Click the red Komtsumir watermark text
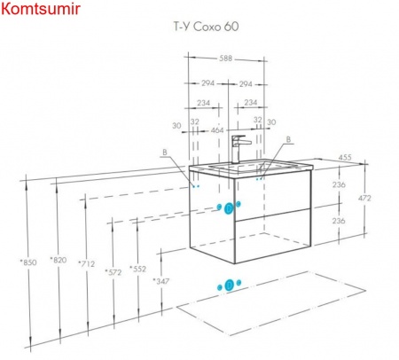click(x=41, y=9)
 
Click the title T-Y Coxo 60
click(x=206, y=27)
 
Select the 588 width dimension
click(x=225, y=59)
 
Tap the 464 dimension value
click(x=216, y=130)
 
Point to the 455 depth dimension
click(x=345, y=157)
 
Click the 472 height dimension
click(x=364, y=198)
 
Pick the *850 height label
click(x=28, y=262)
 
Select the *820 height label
click(x=59, y=260)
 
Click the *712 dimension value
click(x=86, y=263)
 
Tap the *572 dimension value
click(x=113, y=272)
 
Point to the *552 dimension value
click(x=137, y=269)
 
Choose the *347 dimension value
click(x=161, y=281)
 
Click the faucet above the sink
click(x=238, y=149)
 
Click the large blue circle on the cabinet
click(x=229, y=208)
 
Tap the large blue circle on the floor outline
click(x=230, y=286)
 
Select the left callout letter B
click(x=165, y=153)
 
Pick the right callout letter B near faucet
click(x=288, y=139)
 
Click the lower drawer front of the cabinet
click(x=272, y=236)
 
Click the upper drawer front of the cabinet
click(x=272, y=196)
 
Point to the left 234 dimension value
click(x=204, y=103)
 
